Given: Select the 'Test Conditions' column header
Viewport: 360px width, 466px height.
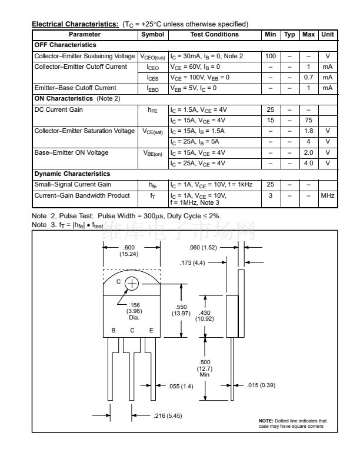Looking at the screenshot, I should click(214, 35).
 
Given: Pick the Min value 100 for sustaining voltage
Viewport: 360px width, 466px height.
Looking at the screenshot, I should click(271, 56).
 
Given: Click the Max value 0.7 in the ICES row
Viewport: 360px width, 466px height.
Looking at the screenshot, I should click(308, 77).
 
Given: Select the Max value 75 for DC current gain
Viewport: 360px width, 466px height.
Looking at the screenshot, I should click(308, 120).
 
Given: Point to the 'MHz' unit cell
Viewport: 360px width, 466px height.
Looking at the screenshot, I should click(327, 195).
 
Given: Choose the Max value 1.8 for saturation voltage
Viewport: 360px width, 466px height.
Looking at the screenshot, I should click(308, 131).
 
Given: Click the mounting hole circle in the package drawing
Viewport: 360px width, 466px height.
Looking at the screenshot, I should click(132, 284).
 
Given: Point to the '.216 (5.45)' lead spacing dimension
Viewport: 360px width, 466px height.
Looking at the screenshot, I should click(166, 416).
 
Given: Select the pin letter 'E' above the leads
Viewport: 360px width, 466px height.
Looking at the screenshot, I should click(151, 330).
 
